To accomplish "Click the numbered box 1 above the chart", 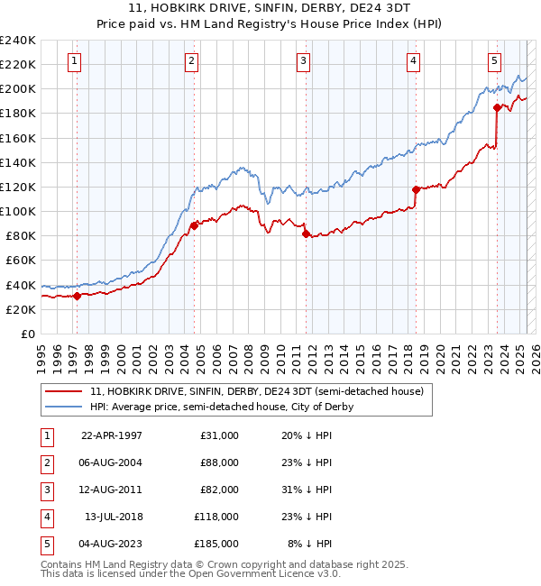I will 73,61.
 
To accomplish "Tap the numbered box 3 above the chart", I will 303,61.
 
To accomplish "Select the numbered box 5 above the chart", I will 495,61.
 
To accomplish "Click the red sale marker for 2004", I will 194,226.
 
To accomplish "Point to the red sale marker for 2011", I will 306,233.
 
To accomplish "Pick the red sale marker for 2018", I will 416,189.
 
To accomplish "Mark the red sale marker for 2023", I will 497,107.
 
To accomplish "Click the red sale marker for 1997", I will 78,296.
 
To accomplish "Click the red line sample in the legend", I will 63,391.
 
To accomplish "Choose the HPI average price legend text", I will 221,407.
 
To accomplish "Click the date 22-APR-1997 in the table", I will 112,435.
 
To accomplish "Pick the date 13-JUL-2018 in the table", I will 113,517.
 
